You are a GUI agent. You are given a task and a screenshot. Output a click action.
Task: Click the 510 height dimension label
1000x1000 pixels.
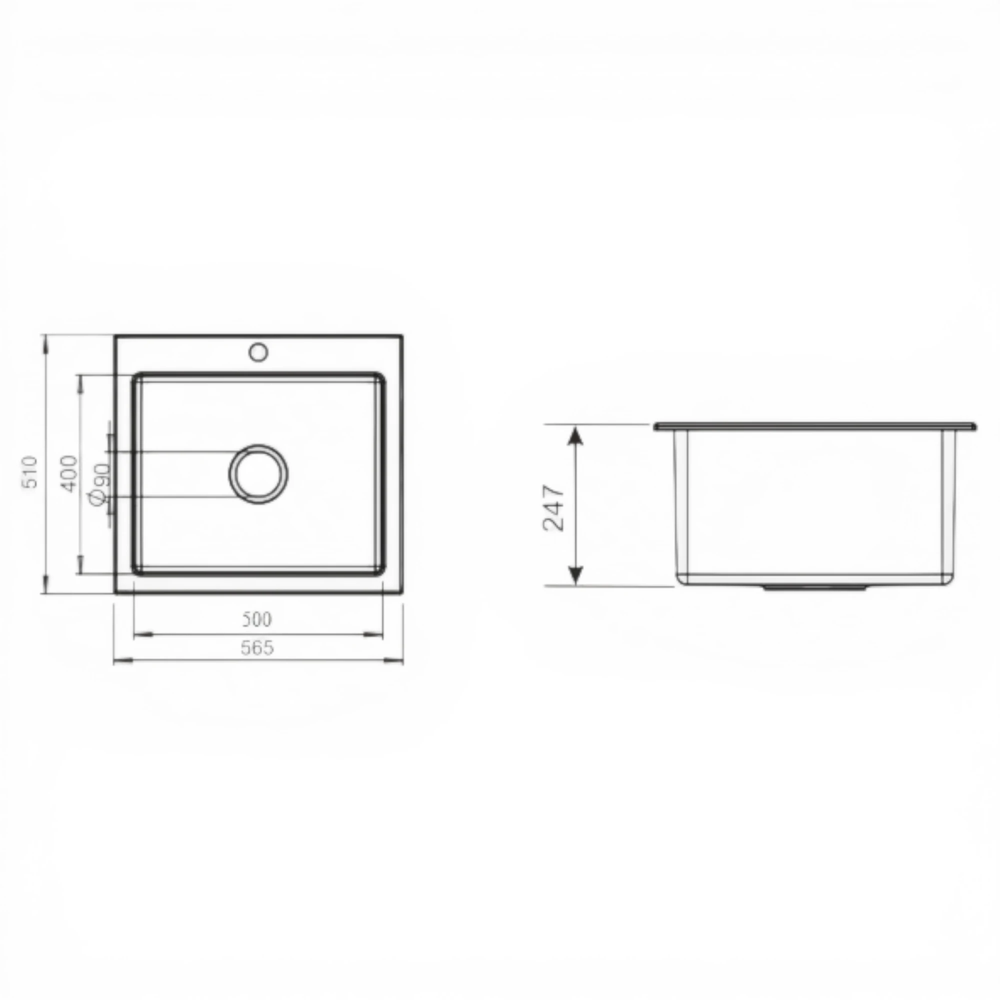[31, 471]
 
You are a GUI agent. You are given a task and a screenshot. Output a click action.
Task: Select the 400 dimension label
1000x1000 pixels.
[69, 472]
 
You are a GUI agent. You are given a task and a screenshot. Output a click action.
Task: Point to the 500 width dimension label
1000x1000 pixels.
[256, 619]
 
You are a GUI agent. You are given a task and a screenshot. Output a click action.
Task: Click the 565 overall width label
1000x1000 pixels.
[257, 647]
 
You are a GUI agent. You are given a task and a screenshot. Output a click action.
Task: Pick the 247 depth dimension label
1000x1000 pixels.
[554, 507]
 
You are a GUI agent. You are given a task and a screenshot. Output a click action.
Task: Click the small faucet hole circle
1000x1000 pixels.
[258, 352]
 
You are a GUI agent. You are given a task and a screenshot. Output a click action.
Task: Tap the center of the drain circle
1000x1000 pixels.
[258, 474]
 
